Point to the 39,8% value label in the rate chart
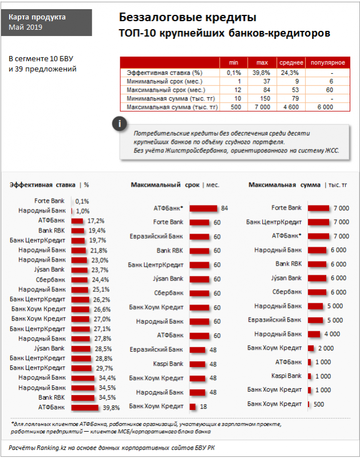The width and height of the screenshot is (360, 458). pos(111,408)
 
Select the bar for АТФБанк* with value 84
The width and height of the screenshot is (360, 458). pos(203,208)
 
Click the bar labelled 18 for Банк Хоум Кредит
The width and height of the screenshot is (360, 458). pos(193,406)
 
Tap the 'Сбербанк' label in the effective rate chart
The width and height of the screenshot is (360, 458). pos(51,279)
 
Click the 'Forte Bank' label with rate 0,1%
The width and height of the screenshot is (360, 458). pos(49,201)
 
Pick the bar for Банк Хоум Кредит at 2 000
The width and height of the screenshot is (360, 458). pos(311,348)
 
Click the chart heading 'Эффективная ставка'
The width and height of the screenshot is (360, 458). pos(42,185)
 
